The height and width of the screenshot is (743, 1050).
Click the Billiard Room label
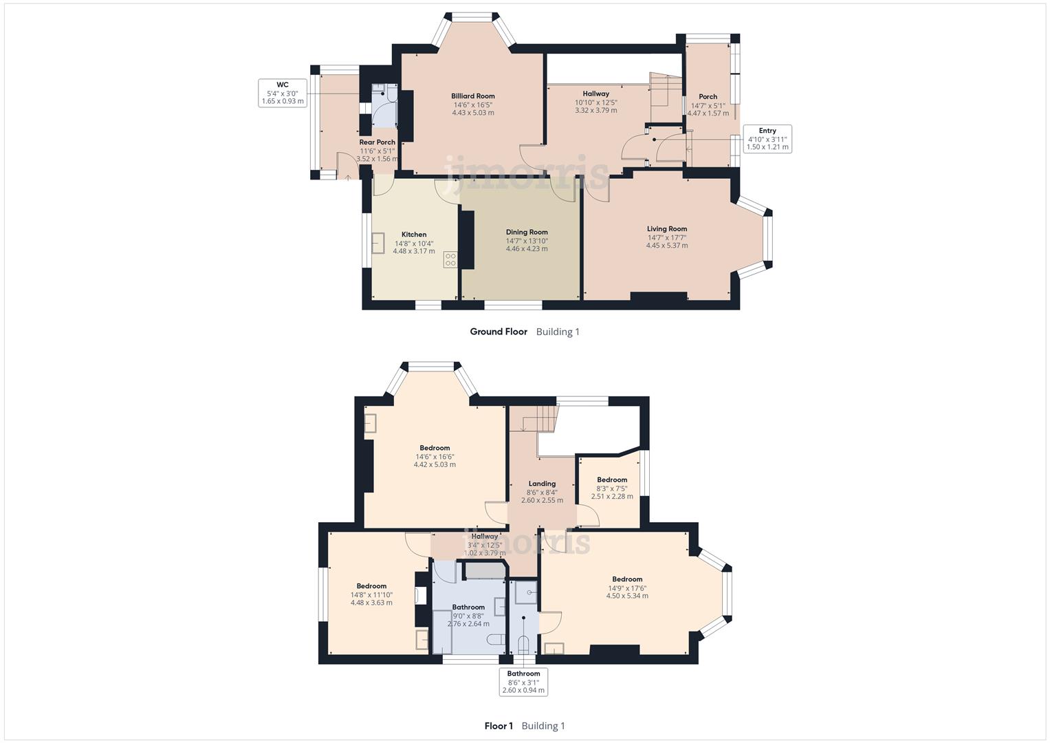click(x=472, y=96)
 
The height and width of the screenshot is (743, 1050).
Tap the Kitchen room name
click(x=414, y=235)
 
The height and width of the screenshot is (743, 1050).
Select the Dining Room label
click(x=527, y=233)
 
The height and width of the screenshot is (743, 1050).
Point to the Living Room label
click(x=666, y=229)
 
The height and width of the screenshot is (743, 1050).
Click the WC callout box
click(x=282, y=93)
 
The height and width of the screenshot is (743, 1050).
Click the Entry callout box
click(x=767, y=139)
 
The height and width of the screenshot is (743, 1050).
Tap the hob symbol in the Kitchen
click(x=450, y=259)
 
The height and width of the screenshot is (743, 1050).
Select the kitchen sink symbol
click(x=378, y=244)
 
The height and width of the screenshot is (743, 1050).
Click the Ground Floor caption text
click(x=499, y=332)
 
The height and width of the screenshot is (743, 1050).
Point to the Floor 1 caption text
click(x=499, y=726)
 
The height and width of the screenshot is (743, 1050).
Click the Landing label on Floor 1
click(x=542, y=484)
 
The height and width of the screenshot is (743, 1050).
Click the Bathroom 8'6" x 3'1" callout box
click(x=523, y=682)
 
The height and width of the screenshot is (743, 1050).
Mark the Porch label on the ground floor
click(x=708, y=97)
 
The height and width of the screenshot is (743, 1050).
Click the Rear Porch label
click(x=377, y=142)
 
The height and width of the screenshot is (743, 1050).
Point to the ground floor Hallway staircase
click(x=665, y=90)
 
